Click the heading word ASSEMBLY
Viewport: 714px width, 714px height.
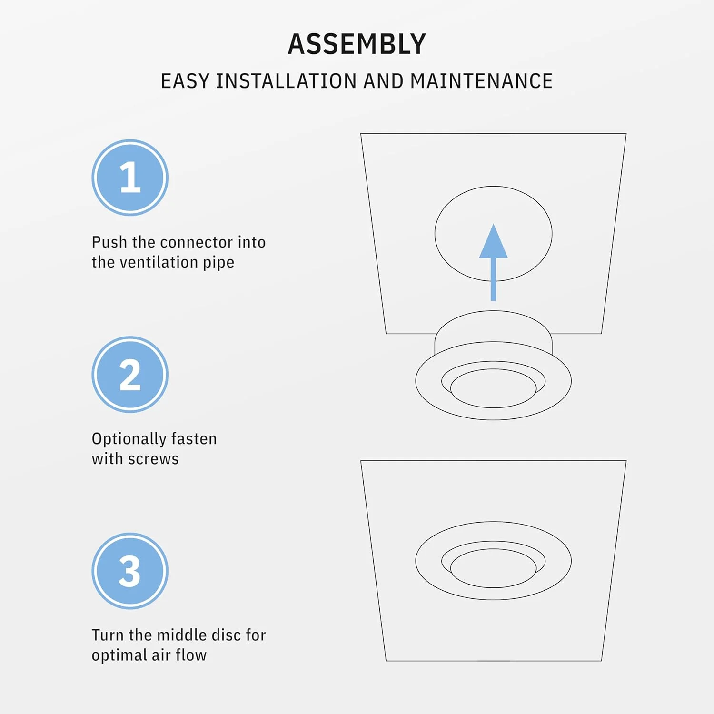[357, 44]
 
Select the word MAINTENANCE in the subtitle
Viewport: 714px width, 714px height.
[481, 81]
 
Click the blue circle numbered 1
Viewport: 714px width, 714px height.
[130, 178]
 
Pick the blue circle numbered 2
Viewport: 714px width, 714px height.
[130, 375]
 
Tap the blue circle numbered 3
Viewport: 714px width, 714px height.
[130, 571]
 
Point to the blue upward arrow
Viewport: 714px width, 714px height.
[494, 262]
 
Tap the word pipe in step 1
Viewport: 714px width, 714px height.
[218, 263]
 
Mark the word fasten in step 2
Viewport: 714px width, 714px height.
[194, 438]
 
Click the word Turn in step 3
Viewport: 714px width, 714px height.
[108, 635]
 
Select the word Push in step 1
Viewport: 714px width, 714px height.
[109, 242]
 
